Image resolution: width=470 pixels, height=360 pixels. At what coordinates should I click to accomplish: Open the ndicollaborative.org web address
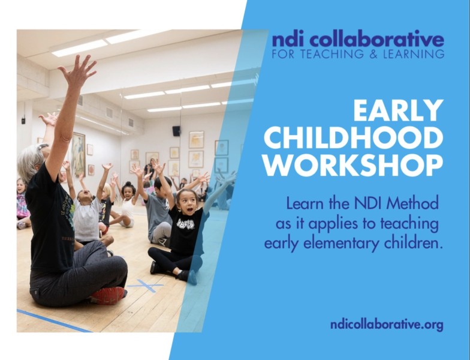click(387, 325)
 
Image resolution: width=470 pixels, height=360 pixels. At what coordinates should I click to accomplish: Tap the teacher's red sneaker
click(109, 296)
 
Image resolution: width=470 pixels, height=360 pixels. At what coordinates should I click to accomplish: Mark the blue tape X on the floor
click(146, 286)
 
